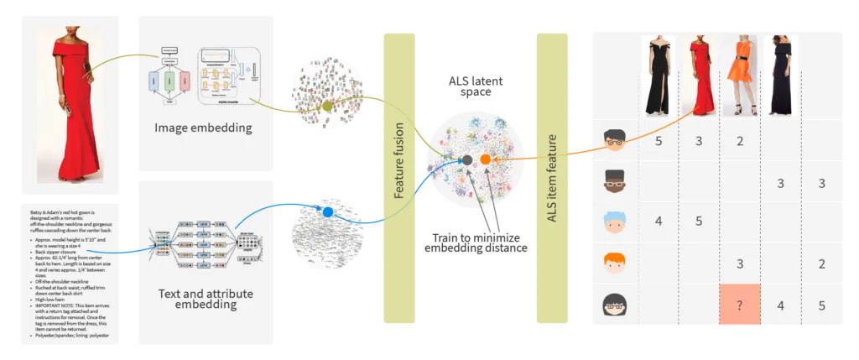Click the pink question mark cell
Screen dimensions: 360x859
point(739,305)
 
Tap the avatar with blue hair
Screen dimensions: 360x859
point(616,222)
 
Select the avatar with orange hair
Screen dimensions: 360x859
point(616,264)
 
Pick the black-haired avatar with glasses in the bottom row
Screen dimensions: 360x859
point(616,306)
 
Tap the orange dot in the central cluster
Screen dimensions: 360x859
point(485,159)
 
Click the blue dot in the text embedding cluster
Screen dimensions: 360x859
point(328,212)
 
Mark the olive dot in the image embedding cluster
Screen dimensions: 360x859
point(328,106)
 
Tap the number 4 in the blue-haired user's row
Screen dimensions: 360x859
point(659,222)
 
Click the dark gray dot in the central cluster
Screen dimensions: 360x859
point(466,159)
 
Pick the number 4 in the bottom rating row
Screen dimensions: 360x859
point(780,305)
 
